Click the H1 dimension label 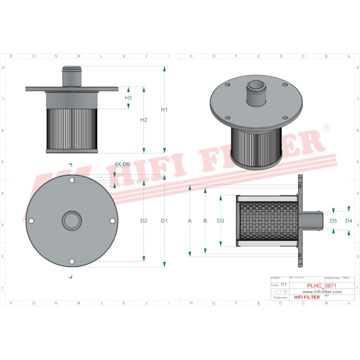(x=164, y=109)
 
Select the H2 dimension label (x=144, y=120)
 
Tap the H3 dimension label (x=128, y=98)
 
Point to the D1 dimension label (x=164, y=220)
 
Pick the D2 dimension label (x=144, y=220)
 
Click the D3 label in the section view (x=221, y=220)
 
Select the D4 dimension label (x=348, y=220)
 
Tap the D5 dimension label (x=333, y=220)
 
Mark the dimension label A (x=189, y=220)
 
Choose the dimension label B (x=205, y=220)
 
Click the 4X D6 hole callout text (x=122, y=164)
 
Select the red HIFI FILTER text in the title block (x=305, y=297)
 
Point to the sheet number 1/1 (x=283, y=284)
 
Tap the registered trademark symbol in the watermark (x=327, y=128)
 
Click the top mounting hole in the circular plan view (x=72, y=180)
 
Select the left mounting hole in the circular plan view (x=31, y=221)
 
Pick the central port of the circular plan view (x=72, y=220)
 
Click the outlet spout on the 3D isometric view (x=256, y=90)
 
